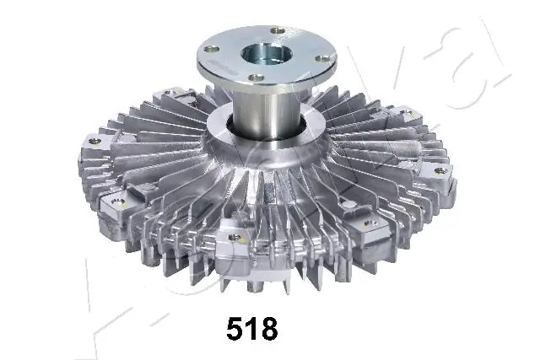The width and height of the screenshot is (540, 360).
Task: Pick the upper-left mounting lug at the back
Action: tap(173, 94)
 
